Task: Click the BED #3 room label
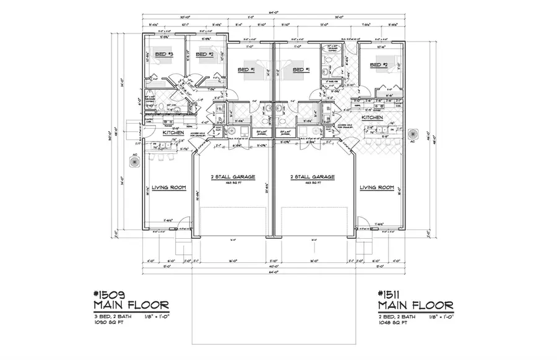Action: tap(163, 55)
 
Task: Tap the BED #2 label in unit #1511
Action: tap(378, 64)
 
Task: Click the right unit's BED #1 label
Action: tap(300, 70)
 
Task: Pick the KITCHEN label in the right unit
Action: tap(372, 117)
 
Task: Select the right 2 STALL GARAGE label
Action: tap(313, 177)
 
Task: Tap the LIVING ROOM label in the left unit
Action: tap(169, 187)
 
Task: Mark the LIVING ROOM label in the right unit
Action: tap(378, 187)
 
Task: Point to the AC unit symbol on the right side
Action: tap(413, 132)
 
